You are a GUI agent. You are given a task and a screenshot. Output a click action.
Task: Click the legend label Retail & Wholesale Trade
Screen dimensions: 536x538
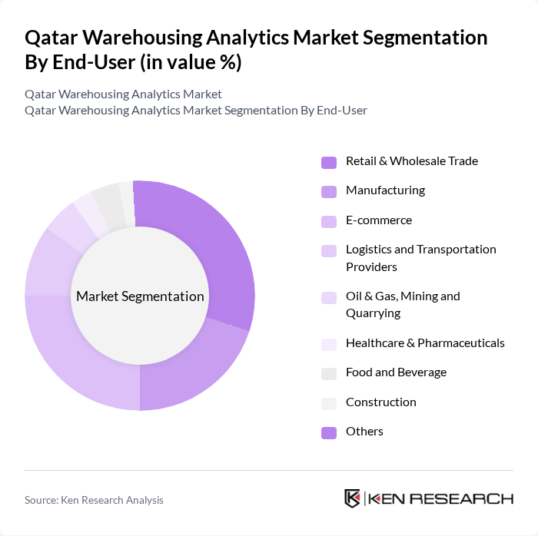tap(411, 161)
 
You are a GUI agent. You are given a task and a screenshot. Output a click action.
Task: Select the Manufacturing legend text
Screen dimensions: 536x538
tap(385, 190)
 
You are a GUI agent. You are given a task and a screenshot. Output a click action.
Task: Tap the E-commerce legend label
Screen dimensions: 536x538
tap(379, 220)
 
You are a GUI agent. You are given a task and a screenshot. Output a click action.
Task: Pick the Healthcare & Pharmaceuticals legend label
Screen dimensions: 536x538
tap(425, 343)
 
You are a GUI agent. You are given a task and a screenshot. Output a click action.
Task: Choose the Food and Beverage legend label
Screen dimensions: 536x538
tap(396, 372)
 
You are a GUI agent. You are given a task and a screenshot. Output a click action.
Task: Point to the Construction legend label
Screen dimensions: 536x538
tap(380, 402)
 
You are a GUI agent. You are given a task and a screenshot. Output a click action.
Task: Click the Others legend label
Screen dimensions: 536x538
tap(364, 432)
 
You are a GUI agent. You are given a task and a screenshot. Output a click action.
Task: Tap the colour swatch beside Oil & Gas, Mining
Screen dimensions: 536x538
tap(329, 298)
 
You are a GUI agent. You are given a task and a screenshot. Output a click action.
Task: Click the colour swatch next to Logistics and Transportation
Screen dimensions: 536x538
tap(329, 251)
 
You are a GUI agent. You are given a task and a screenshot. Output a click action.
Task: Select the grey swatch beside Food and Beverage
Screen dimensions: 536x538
tap(329, 373)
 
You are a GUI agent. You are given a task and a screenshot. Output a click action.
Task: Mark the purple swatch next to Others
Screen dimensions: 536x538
tap(329, 432)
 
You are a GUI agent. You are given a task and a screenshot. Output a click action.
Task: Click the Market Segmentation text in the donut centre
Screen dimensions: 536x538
tap(140, 296)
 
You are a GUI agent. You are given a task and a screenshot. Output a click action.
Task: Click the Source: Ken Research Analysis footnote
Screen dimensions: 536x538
tap(94, 500)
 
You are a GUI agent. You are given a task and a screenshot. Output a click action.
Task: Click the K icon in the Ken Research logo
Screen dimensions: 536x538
tap(353, 499)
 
